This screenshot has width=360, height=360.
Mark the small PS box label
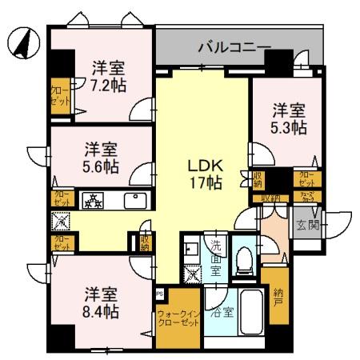coord(160,294)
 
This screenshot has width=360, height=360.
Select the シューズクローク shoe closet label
coord(308,197)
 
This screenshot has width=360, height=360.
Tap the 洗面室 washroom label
coord(216,258)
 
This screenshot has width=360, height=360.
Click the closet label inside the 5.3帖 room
coord(306,178)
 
